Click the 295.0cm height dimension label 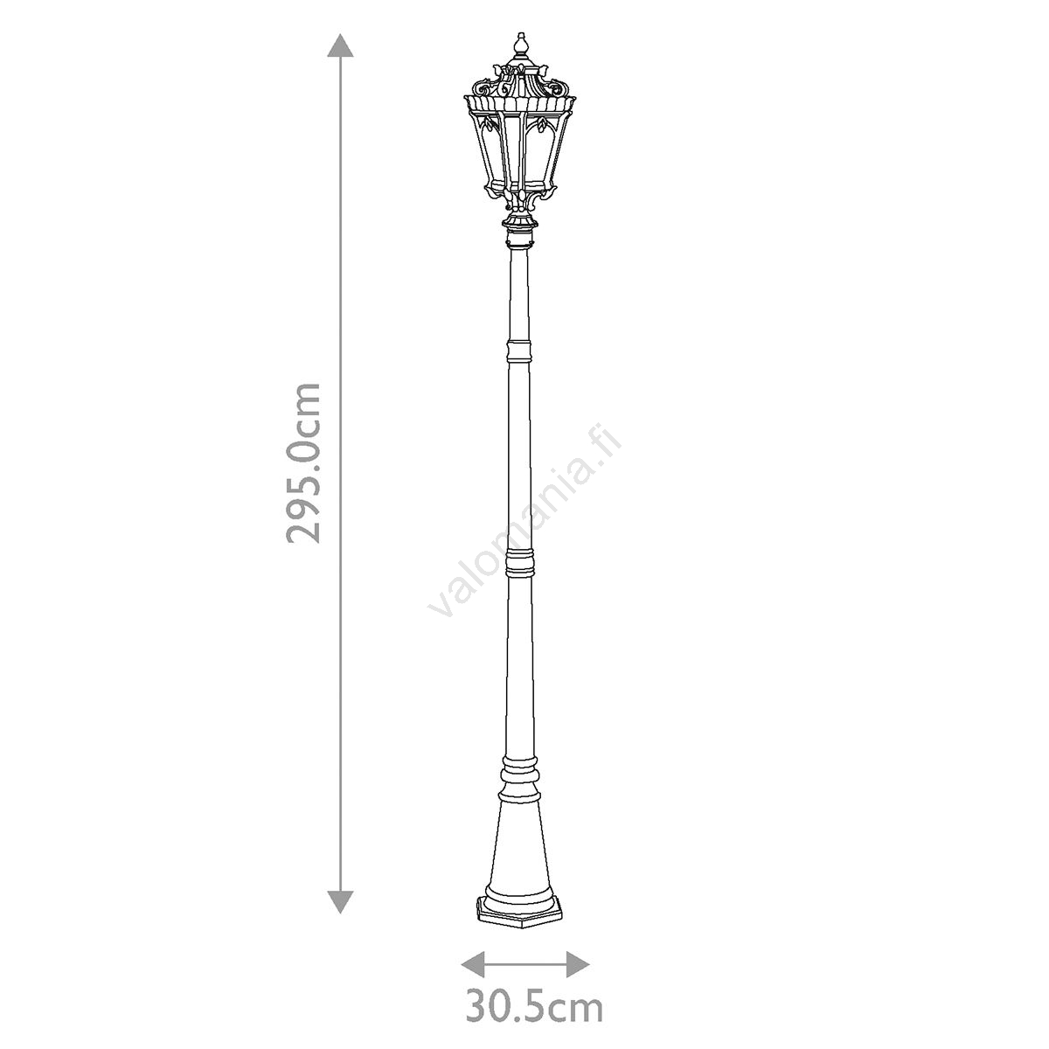pos(302,462)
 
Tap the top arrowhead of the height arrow pos(340,45)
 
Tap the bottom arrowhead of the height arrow pos(340,901)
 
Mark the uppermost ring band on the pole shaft pos(518,351)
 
